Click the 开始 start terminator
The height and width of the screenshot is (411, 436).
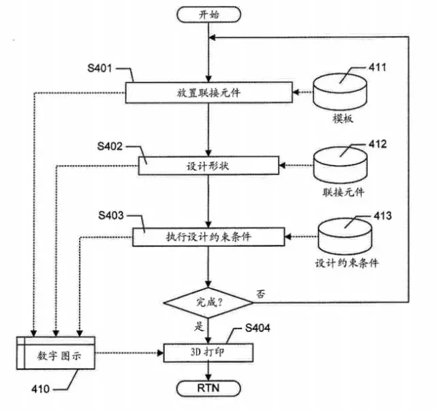pyautogui.click(x=208, y=14)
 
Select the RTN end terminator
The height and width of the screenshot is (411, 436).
pyautogui.click(x=208, y=389)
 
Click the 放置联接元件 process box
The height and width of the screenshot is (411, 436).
pyautogui.click(x=209, y=93)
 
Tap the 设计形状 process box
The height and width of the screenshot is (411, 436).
pyautogui.click(x=208, y=166)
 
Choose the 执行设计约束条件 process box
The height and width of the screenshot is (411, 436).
pyautogui.click(x=208, y=237)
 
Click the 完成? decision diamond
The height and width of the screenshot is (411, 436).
pyautogui.click(x=208, y=303)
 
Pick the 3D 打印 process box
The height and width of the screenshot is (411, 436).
pyautogui.click(x=208, y=352)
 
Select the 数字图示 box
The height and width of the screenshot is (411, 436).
pyautogui.click(x=56, y=353)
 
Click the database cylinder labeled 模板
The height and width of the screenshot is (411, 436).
pyautogui.click(x=340, y=92)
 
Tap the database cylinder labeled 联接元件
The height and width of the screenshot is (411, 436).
pyautogui.click(x=341, y=165)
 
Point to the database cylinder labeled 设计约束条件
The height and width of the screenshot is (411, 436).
pyautogui.click(x=345, y=237)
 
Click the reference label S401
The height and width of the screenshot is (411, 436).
pyautogui.click(x=99, y=68)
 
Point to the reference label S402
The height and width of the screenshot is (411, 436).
pyautogui.click(x=110, y=146)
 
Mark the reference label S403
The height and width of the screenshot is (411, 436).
pyautogui.click(x=111, y=215)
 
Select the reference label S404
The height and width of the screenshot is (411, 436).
pyautogui.click(x=258, y=328)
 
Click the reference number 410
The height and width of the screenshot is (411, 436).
pyautogui.click(x=41, y=389)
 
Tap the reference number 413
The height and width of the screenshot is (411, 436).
pyautogui.click(x=383, y=215)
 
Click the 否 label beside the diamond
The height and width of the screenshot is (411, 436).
pyautogui.click(x=260, y=294)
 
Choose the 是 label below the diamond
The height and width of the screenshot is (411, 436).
pyautogui.click(x=199, y=326)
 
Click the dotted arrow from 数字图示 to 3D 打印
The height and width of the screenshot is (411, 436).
pyautogui.click(x=129, y=353)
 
